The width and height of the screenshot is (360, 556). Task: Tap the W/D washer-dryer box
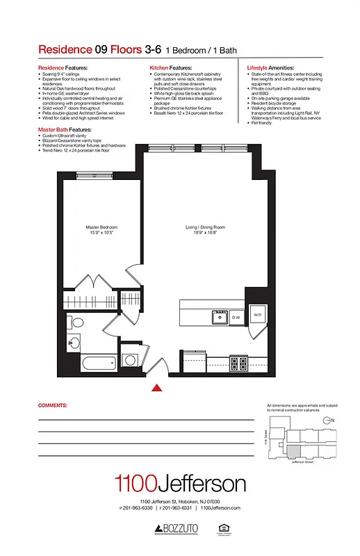click(x=257, y=316)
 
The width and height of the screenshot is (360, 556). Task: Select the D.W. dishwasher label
click(x=236, y=318)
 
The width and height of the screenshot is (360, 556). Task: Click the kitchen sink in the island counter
click(x=220, y=317)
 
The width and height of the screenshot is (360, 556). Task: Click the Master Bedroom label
click(x=101, y=227)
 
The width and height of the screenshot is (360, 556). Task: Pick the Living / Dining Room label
click(x=205, y=227)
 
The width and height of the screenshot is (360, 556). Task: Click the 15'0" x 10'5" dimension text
click(x=101, y=233)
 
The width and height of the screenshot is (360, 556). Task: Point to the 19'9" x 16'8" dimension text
click(x=205, y=233)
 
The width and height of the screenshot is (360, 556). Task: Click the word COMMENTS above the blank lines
click(x=52, y=404)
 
